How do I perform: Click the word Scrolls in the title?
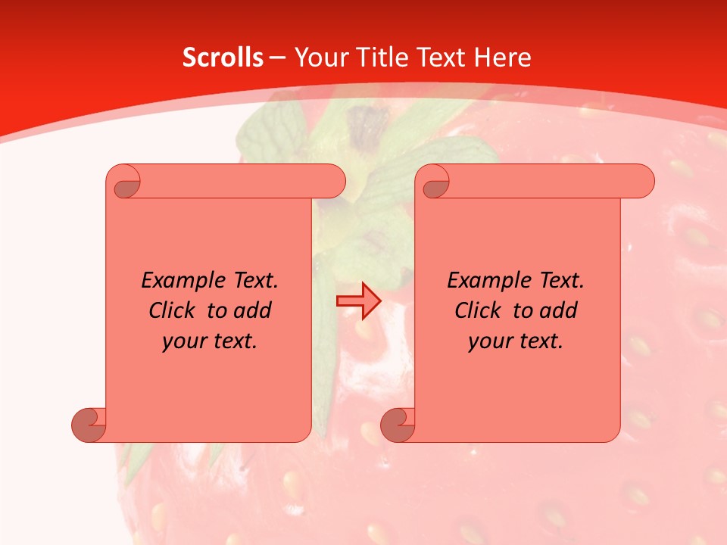(x=223, y=58)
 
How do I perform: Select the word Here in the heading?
(x=502, y=58)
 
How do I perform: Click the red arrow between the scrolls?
(x=358, y=301)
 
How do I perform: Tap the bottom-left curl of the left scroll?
(x=89, y=425)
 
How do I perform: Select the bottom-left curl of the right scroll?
(x=398, y=425)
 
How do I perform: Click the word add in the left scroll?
(x=253, y=310)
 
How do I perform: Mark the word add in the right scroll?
(x=559, y=310)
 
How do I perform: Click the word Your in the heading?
(x=320, y=58)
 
